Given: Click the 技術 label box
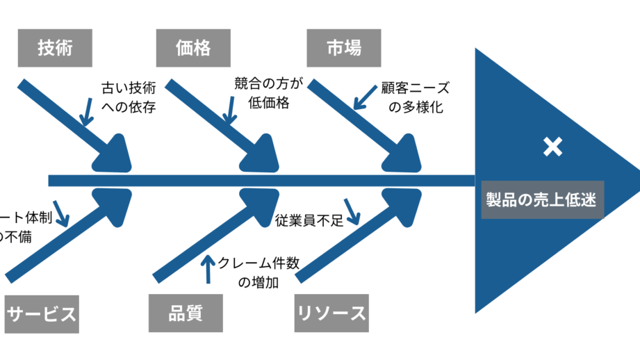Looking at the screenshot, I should point(55,49).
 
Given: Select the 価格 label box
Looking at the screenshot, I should point(193,49).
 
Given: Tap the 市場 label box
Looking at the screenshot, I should point(343,49).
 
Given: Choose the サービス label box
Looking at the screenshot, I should point(41,313).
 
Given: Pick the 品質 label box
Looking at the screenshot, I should point(185,313).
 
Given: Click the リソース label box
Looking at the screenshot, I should point(331,313).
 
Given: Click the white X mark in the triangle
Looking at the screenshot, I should point(552,147).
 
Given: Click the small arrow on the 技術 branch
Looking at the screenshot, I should point(86,111).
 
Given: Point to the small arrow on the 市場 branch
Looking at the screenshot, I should point(364,98).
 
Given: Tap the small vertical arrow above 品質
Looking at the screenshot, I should point(207,269).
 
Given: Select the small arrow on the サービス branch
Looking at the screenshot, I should point(60,214).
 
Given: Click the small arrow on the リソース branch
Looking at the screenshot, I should point(352,211).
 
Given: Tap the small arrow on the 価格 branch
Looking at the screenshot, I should point(228,111).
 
